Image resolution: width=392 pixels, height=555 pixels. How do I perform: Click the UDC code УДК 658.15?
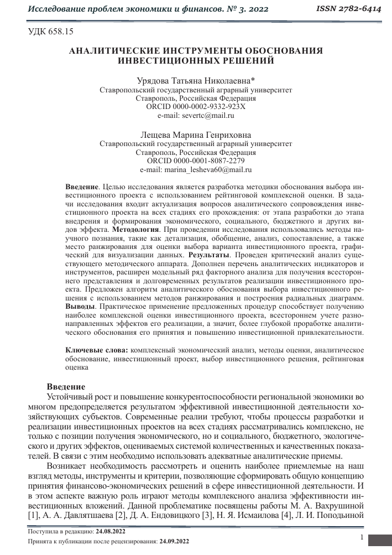tap(50, 32)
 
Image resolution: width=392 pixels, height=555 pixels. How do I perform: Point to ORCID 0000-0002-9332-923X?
tap(196, 107)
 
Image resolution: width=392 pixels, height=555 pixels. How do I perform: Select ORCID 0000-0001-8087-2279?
tap(196, 161)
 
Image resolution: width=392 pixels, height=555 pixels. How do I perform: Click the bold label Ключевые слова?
tap(97, 350)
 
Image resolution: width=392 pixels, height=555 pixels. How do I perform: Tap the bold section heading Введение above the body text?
tap(66, 386)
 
